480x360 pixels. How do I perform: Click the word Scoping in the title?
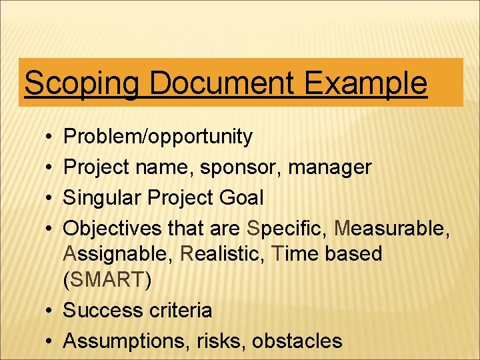coord(81,84)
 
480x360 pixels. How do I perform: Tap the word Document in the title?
coord(222,84)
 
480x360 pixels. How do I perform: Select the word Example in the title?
coord(365,84)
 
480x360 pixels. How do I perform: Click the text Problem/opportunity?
coord(158,137)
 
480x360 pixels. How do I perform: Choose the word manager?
coord(330,167)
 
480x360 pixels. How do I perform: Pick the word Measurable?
coord(393,228)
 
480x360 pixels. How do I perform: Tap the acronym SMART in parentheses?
coord(107,280)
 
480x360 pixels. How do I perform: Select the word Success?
coord(101,311)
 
